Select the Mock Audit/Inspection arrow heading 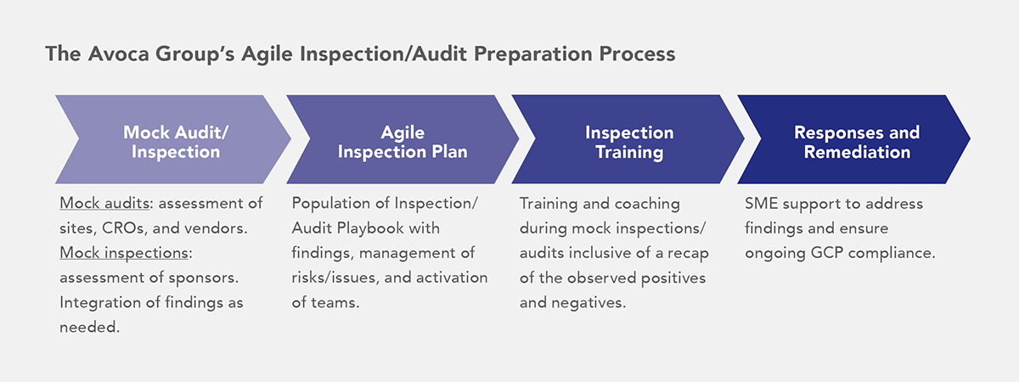pos(176,142)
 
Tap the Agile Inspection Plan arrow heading pos(403,142)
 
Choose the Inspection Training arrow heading pos(629,142)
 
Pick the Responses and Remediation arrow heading pos(856,142)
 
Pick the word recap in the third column pos(685,254)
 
